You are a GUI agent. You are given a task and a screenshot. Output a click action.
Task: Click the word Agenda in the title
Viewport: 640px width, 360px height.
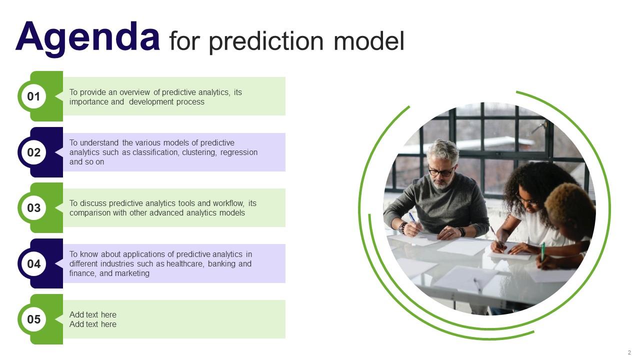[x=87, y=38]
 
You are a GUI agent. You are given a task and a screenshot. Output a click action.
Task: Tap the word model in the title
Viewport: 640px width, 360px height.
[x=369, y=41]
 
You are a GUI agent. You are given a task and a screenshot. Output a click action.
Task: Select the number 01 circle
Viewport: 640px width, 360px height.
[x=33, y=96]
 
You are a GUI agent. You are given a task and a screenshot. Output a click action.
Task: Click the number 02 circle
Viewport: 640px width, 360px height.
[x=33, y=152]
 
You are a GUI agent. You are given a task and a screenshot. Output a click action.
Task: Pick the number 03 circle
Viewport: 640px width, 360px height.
[x=33, y=207]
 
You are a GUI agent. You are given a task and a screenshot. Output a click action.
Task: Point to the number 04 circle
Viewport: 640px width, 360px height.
[x=33, y=263]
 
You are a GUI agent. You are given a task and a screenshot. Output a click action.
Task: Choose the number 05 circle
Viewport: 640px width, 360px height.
[x=33, y=319]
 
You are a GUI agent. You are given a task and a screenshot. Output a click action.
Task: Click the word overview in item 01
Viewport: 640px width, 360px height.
[x=134, y=92]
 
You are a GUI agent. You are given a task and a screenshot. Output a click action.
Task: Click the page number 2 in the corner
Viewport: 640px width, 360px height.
[x=629, y=352]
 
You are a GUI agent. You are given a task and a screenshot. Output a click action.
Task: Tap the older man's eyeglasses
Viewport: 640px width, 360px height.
[x=441, y=172]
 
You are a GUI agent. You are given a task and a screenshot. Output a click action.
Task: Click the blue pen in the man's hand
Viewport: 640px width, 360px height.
[x=412, y=217]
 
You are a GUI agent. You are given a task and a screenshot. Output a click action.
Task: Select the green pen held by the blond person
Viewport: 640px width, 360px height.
[x=543, y=251]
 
